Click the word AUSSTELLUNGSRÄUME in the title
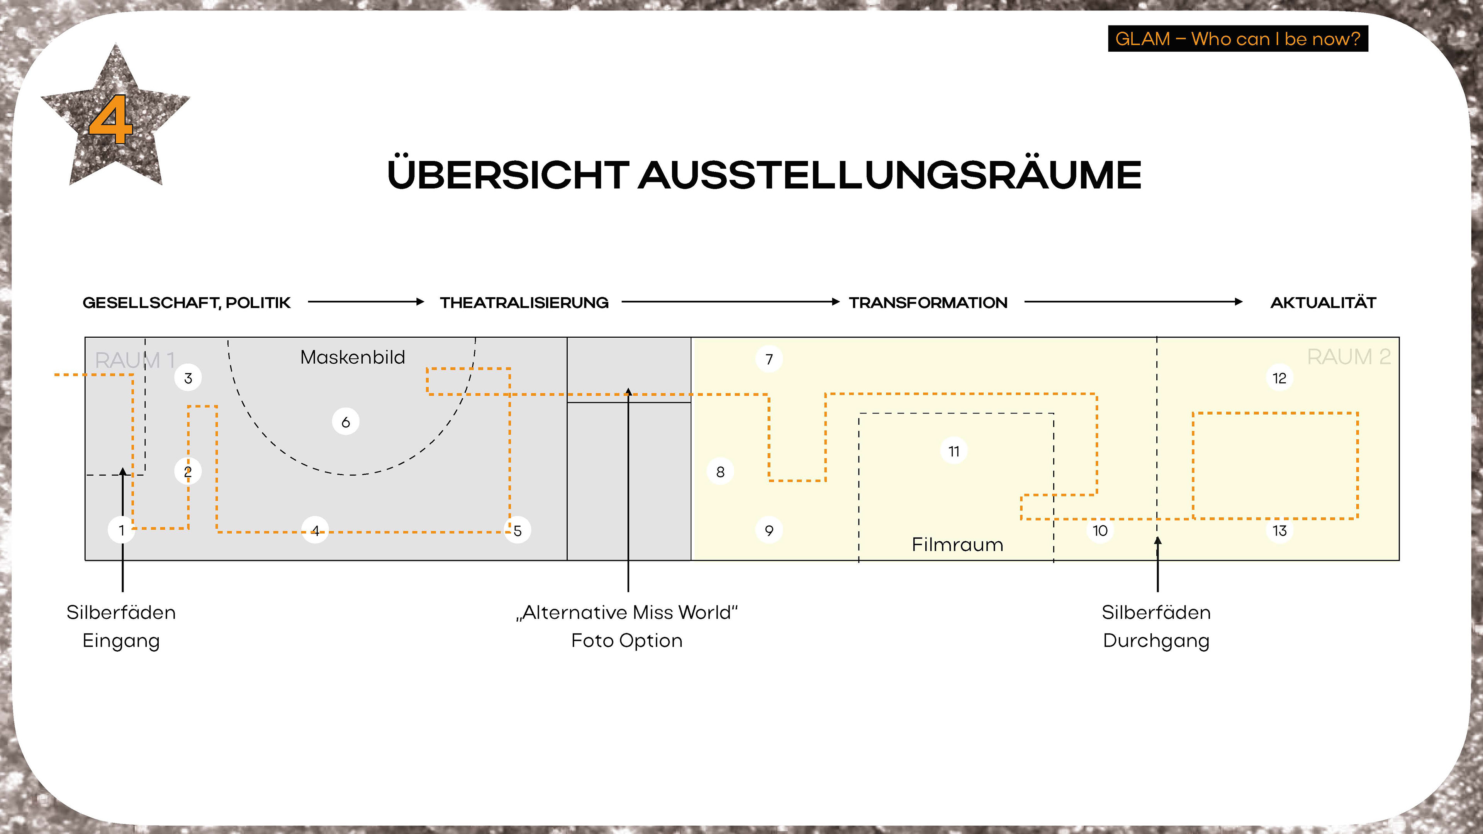tap(889, 175)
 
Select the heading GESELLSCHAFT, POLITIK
tap(187, 303)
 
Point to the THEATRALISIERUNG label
tap(524, 303)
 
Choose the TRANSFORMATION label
tap(928, 303)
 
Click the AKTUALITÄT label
tap(1323, 303)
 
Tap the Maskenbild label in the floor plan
tap(352, 358)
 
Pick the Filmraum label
tap(957, 544)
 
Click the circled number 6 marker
tap(345, 422)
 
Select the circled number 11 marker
tap(954, 451)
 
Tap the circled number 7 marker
tap(769, 359)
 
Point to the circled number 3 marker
tap(188, 378)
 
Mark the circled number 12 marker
tap(1279, 378)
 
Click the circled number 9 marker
tap(769, 530)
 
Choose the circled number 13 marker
tap(1279, 530)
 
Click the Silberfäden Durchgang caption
tap(1156, 626)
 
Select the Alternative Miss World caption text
tap(627, 612)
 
